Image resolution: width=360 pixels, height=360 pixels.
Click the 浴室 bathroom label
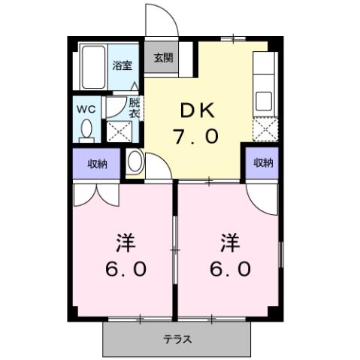[122, 65]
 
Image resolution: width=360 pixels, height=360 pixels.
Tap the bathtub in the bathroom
[93, 68]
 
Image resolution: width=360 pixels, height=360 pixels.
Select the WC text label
[85, 107]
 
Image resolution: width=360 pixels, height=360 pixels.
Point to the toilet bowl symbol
[86, 130]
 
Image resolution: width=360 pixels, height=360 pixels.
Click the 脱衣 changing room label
[134, 107]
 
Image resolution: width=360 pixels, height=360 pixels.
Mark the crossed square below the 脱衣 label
[117, 132]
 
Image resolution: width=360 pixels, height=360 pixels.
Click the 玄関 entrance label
[164, 57]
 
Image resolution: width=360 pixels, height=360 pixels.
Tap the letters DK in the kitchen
[197, 110]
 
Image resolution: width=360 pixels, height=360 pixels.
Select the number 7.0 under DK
[198, 137]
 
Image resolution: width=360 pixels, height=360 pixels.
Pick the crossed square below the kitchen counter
[264, 132]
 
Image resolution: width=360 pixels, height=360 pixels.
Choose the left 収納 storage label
[96, 163]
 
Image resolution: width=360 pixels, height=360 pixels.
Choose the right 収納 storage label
[262, 162]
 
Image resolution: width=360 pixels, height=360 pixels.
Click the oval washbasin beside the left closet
[135, 162]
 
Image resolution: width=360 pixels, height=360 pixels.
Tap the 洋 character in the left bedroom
[125, 244]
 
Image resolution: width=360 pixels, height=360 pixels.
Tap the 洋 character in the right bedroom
[230, 244]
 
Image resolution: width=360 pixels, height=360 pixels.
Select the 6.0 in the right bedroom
[230, 270]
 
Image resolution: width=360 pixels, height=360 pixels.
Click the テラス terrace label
[177, 339]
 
